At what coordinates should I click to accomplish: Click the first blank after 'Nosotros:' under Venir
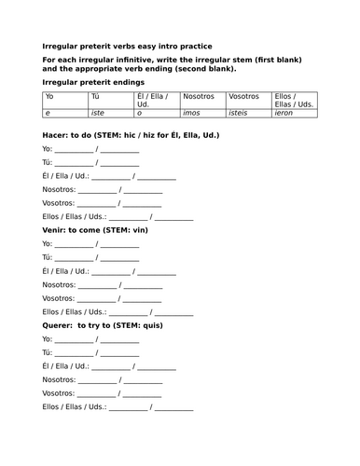[98, 285]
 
